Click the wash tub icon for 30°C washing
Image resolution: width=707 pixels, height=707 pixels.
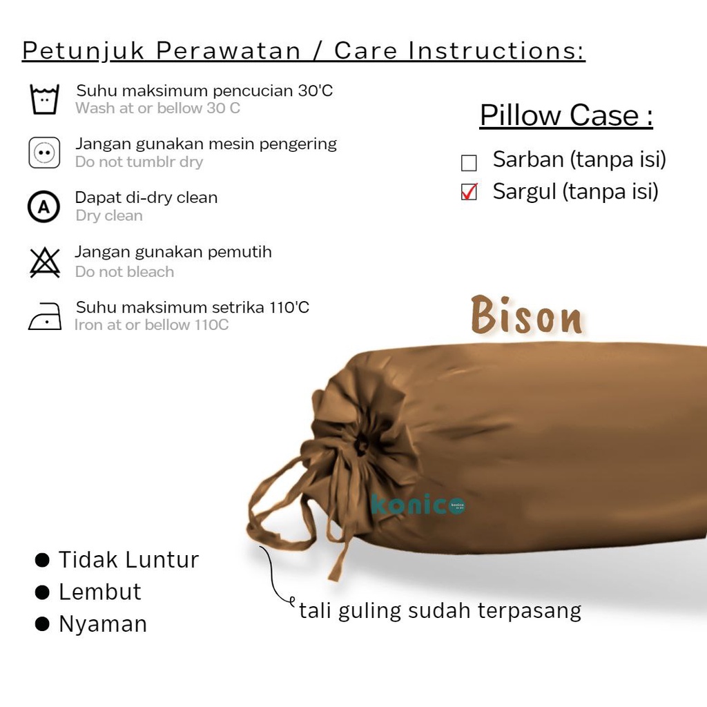pyautogui.click(x=44, y=99)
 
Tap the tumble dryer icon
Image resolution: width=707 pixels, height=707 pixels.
pyautogui.click(x=44, y=153)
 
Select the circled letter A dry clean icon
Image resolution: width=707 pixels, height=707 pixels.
pyautogui.click(x=43, y=207)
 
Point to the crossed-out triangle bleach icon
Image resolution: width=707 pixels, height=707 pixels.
pyautogui.click(x=45, y=262)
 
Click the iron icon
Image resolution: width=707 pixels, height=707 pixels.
pyautogui.click(x=45, y=316)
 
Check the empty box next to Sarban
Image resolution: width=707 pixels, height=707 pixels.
pyautogui.click(x=469, y=163)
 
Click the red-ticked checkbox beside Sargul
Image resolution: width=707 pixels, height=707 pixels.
pyautogui.click(x=469, y=192)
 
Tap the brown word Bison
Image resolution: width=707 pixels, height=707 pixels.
pyautogui.click(x=526, y=315)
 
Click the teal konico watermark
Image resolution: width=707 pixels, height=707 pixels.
pyautogui.click(x=418, y=504)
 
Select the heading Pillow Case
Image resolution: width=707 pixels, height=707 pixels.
pyautogui.click(x=566, y=115)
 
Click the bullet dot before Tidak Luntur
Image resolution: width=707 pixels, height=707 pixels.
pyautogui.click(x=42, y=560)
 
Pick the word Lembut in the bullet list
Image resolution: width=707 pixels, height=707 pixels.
pyautogui.click(x=100, y=592)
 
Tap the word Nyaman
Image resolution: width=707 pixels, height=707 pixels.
pyautogui.click(x=103, y=624)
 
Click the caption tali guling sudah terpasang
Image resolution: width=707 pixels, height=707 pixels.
pyautogui.click(x=440, y=611)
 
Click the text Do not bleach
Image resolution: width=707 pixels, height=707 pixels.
pyautogui.click(x=124, y=271)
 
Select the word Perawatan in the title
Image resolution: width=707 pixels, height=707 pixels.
pyautogui.click(x=228, y=50)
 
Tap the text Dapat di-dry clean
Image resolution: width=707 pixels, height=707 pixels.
pyautogui.click(x=146, y=197)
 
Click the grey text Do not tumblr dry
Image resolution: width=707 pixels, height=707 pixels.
pyautogui.click(x=139, y=162)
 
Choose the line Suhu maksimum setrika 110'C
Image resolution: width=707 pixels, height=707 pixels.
pyautogui.click(x=193, y=307)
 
